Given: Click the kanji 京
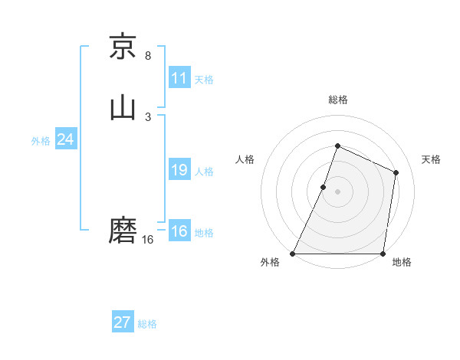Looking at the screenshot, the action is pyautogui.click(x=123, y=47).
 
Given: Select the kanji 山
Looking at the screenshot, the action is pyautogui.click(x=123, y=107).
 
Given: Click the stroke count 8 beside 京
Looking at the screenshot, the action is pyautogui.click(x=148, y=56).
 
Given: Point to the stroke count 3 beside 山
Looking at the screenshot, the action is pyautogui.click(x=148, y=116).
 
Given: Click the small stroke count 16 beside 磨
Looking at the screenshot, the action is pyautogui.click(x=148, y=240).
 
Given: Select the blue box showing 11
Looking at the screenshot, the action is pyautogui.click(x=179, y=78).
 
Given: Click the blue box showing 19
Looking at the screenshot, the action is pyautogui.click(x=179, y=170).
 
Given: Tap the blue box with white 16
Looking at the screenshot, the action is pyautogui.click(x=179, y=231).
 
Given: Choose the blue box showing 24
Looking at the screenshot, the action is pyautogui.click(x=66, y=139).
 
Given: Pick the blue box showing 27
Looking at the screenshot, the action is pyautogui.click(x=123, y=322).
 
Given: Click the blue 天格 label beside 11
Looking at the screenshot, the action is pyautogui.click(x=204, y=80).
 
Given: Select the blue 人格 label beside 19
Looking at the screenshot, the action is pyautogui.click(x=204, y=172).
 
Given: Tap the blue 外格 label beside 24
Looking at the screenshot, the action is pyautogui.click(x=41, y=141).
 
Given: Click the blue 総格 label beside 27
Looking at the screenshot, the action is pyautogui.click(x=147, y=324).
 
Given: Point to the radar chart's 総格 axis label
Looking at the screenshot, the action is pyautogui.click(x=337, y=100).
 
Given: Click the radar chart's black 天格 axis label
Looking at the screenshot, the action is pyautogui.click(x=432, y=159).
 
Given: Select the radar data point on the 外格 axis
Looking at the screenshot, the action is pyautogui.click(x=293, y=254).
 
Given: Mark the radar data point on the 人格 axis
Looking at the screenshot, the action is pyautogui.click(x=324, y=187).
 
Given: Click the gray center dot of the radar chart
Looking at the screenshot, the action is pyautogui.click(x=337, y=191).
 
